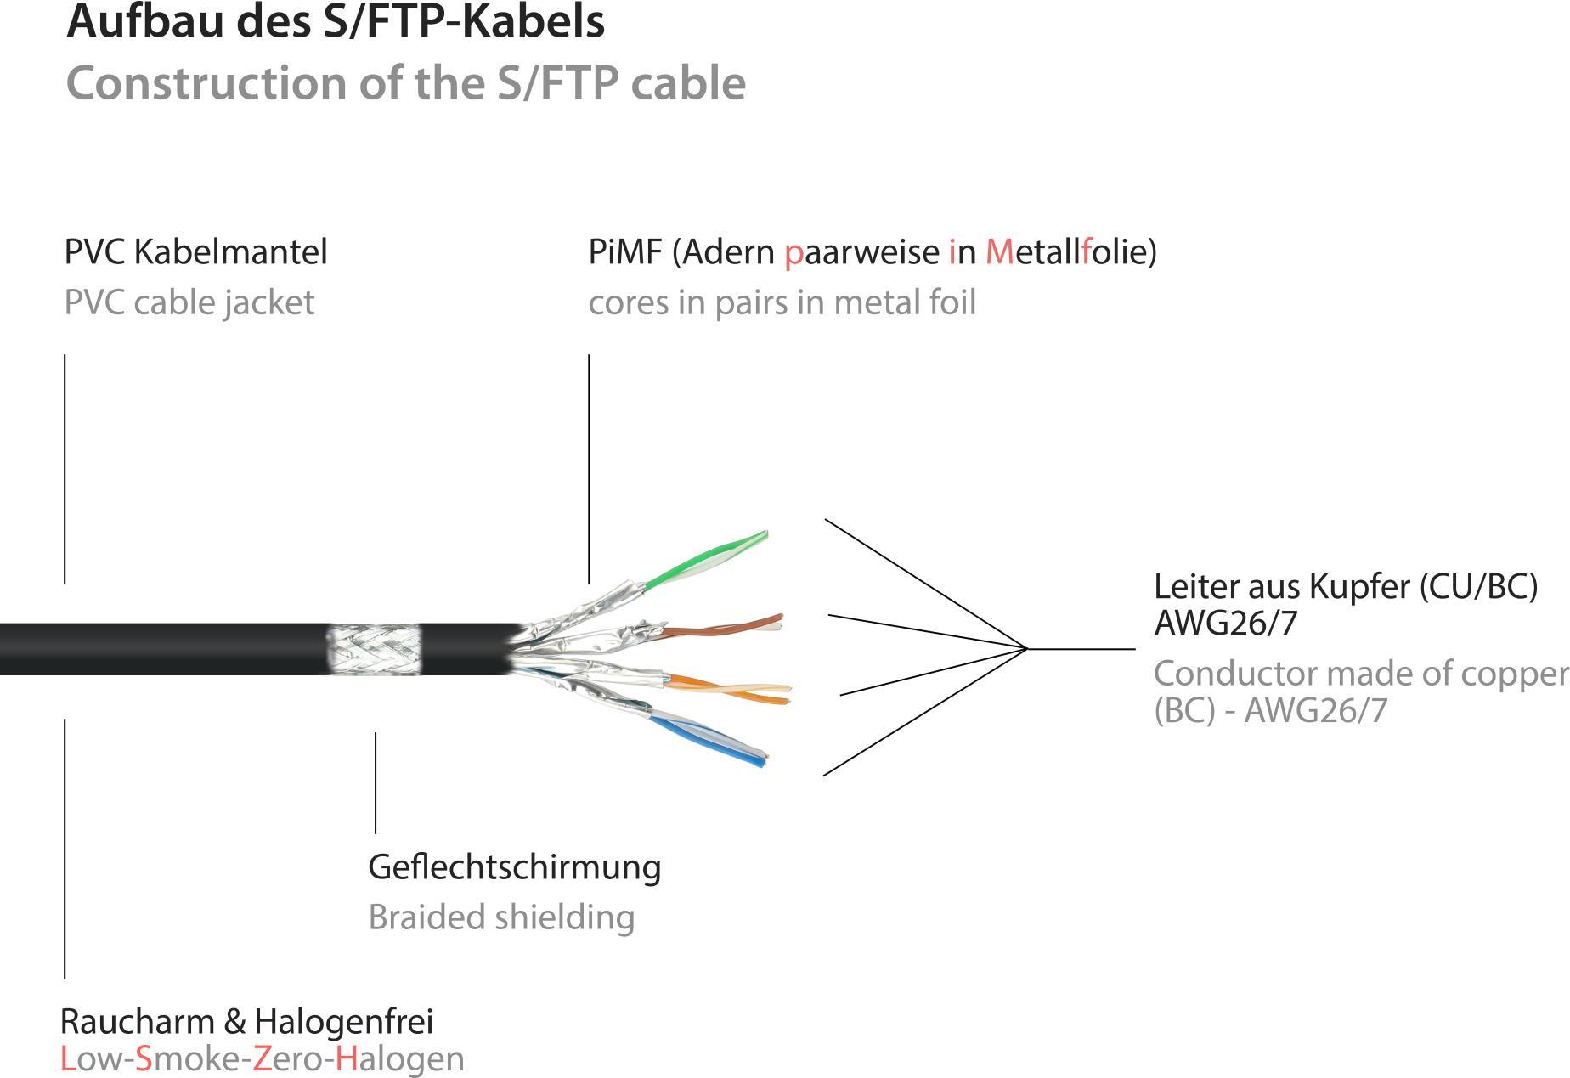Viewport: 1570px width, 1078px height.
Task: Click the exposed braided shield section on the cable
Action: [374, 650]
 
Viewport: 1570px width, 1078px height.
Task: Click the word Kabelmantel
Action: [230, 251]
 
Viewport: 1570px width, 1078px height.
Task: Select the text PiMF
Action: [624, 251]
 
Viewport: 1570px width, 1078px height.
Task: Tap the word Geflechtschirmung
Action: [514, 867]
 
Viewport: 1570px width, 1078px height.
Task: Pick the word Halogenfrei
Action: [343, 1021]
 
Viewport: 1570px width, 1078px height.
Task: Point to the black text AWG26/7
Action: [1225, 624]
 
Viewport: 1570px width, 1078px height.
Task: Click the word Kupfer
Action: [1360, 586]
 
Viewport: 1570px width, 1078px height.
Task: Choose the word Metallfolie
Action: [1070, 251]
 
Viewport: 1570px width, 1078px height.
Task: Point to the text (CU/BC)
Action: [1478, 586]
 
